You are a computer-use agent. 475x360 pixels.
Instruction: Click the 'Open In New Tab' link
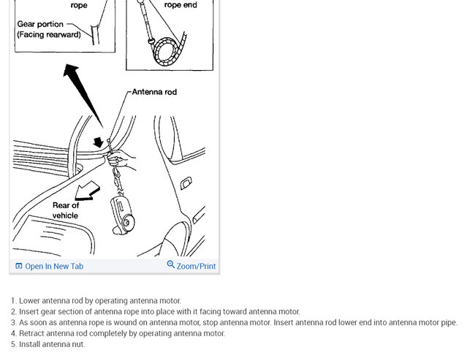pyautogui.click(x=53, y=267)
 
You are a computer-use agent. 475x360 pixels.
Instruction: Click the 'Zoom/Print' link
pyautogui.click(x=196, y=267)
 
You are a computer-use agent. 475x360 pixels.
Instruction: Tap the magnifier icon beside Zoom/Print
pyautogui.click(x=171, y=265)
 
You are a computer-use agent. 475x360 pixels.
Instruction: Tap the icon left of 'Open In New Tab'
pyautogui.click(x=19, y=267)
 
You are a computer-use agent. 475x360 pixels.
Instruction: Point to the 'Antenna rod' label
pyautogui.click(x=154, y=92)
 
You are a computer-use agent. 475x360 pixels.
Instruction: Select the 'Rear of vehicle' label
pyautogui.click(x=65, y=210)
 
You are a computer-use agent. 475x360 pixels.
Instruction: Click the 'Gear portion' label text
pyautogui.click(x=40, y=24)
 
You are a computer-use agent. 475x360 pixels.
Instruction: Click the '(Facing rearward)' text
pyautogui.click(x=48, y=34)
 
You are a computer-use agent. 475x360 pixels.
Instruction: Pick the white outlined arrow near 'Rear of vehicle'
pyautogui.click(x=87, y=191)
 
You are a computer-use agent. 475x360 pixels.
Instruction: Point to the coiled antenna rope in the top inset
pyautogui.click(x=172, y=47)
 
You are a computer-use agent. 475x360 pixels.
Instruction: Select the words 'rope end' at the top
pyautogui.click(x=180, y=5)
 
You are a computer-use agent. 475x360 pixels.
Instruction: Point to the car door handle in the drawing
pyautogui.click(x=186, y=183)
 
